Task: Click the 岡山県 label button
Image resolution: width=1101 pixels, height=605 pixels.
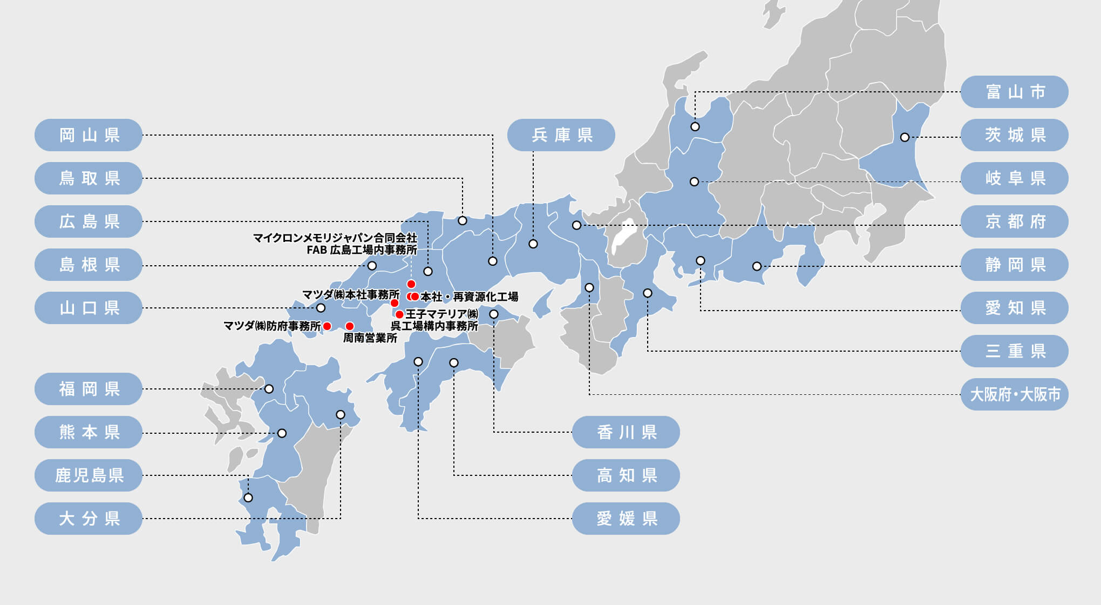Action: pyautogui.click(x=89, y=135)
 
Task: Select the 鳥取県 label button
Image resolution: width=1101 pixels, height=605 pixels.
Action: pyautogui.click(x=89, y=178)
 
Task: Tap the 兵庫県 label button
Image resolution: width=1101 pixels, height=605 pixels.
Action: pyautogui.click(x=561, y=135)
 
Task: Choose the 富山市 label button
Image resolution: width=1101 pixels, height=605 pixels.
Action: pyautogui.click(x=1015, y=92)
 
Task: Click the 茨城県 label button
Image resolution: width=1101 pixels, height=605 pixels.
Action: pyautogui.click(x=1015, y=135)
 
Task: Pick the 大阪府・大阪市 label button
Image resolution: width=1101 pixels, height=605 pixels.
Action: pyautogui.click(x=1015, y=394)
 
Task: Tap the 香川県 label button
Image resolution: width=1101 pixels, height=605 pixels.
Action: pyautogui.click(x=626, y=432)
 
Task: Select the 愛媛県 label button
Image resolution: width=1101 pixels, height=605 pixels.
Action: pyautogui.click(x=626, y=519)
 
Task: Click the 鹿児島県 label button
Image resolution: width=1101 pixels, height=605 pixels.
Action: pyautogui.click(x=89, y=475)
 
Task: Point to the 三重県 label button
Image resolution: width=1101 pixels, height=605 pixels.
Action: pyautogui.click(x=1015, y=351)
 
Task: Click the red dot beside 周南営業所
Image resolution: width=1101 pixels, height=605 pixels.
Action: pyautogui.click(x=350, y=326)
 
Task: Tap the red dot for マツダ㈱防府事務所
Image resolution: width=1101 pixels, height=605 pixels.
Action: pyautogui.click(x=327, y=326)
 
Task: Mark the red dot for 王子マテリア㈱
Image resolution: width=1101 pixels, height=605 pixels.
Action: pyautogui.click(x=399, y=314)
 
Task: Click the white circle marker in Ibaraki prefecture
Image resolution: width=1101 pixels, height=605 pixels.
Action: pyautogui.click(x=905, y=137)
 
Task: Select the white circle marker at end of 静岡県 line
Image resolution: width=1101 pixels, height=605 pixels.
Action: pyautogui.click(x=757, y=266)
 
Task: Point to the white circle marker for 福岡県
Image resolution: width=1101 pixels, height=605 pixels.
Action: pyautogui.click(x=269, y=389)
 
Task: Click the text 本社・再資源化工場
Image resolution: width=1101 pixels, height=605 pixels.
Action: pyautogui.click(x=469, y=297)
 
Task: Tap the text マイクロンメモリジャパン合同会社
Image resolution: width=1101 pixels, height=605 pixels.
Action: pyautogui.click(x=335, y=238)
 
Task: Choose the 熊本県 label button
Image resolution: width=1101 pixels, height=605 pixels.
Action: pyautogui.click(x=89, y=432)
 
